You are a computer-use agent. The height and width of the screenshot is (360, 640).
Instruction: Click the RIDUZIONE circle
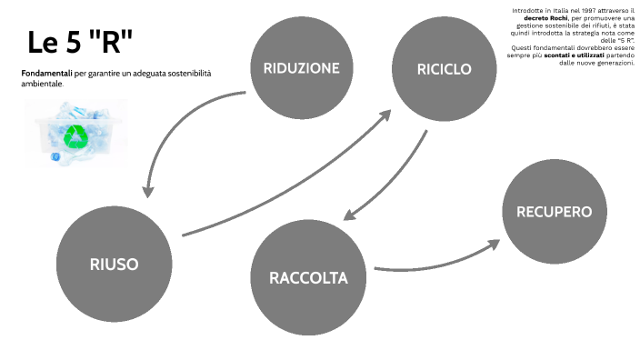click(301, 68)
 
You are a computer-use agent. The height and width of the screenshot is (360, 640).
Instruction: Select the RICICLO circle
click(444, 68)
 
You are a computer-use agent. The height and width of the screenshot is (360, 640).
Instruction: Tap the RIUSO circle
click(114, 264)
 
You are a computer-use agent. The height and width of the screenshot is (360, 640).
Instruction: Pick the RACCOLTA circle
click(307, 277)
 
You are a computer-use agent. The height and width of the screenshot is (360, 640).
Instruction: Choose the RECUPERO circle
click(554, 212)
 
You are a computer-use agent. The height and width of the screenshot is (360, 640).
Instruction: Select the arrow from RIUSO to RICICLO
click(291, 173)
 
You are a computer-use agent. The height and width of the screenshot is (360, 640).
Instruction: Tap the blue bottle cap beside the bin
click(55, 157)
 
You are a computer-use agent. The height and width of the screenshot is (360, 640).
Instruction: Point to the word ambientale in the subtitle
click(42, 83)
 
